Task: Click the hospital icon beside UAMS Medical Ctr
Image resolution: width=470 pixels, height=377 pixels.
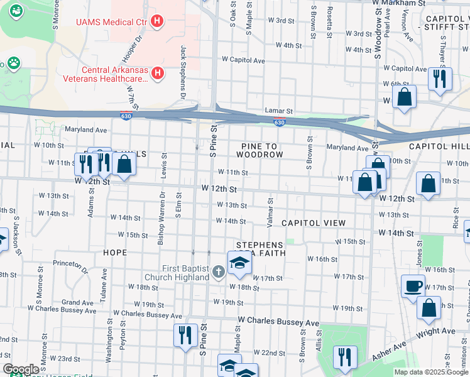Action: pyautogui.click(x=158, y=22)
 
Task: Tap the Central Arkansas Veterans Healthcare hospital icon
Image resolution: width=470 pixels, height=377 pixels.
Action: pyautogui.click(x=158, y=74)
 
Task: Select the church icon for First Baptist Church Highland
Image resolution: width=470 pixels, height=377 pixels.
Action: pyautogui.click(x=218, y=272)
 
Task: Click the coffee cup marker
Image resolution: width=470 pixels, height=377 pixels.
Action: pyautogui.click(x=413, y=287)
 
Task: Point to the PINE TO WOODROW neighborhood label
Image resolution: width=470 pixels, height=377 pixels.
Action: pyautogui.click(x=259, y=150)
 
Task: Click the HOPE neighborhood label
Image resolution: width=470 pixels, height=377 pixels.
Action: pyautogui.click(x=115, y=252)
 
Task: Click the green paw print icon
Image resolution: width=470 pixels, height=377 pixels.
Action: pyautogui.click(x=12, y=63)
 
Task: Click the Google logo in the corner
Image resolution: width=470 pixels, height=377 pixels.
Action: pyautogui.click(x=21, y=369)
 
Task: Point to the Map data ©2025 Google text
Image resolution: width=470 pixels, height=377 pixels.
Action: pyautogui.click(x=430, y=372)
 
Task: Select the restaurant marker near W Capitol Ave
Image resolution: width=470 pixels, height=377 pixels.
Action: pyautogui.click(x=439, y=79)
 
